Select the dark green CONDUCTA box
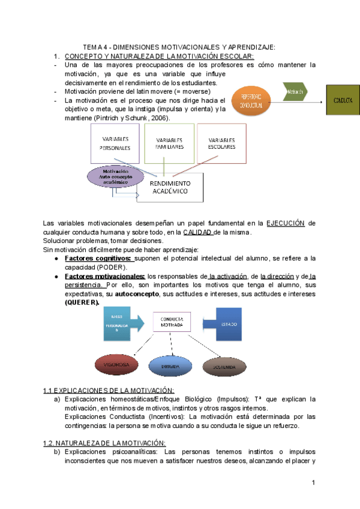(x=343, y=100)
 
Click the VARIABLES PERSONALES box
(x=115, y=144)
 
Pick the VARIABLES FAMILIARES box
(x=169, y=144)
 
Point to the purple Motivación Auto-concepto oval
(x=117, y=178)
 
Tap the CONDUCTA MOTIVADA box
(x=172, y=322)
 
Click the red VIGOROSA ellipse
(x=115, y=364)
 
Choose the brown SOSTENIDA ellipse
(x=222, y=365)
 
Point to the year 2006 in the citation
(x=158, y=118)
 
